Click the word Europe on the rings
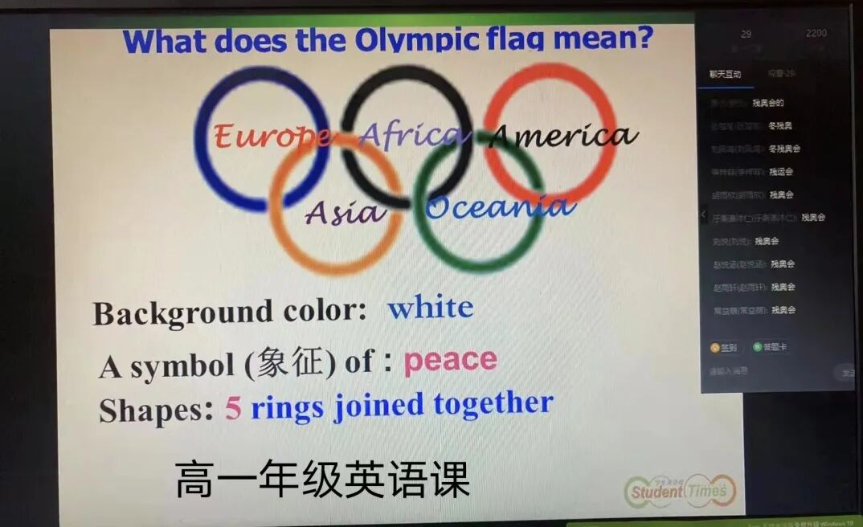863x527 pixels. coord(272,136)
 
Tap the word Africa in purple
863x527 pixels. coord(413,134)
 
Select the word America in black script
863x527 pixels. coord(562,136)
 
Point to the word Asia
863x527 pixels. coord(346,213)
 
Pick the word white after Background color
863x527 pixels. coord(430,308)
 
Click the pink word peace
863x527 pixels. coord(450,361)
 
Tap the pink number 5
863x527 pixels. coord(233,408)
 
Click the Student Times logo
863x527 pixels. coord(680,489)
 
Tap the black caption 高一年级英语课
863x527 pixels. coord(322,480)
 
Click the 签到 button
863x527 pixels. coord(723,348)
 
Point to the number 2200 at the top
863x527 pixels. coord(816,34)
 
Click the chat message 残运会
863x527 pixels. coord(781,171)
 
